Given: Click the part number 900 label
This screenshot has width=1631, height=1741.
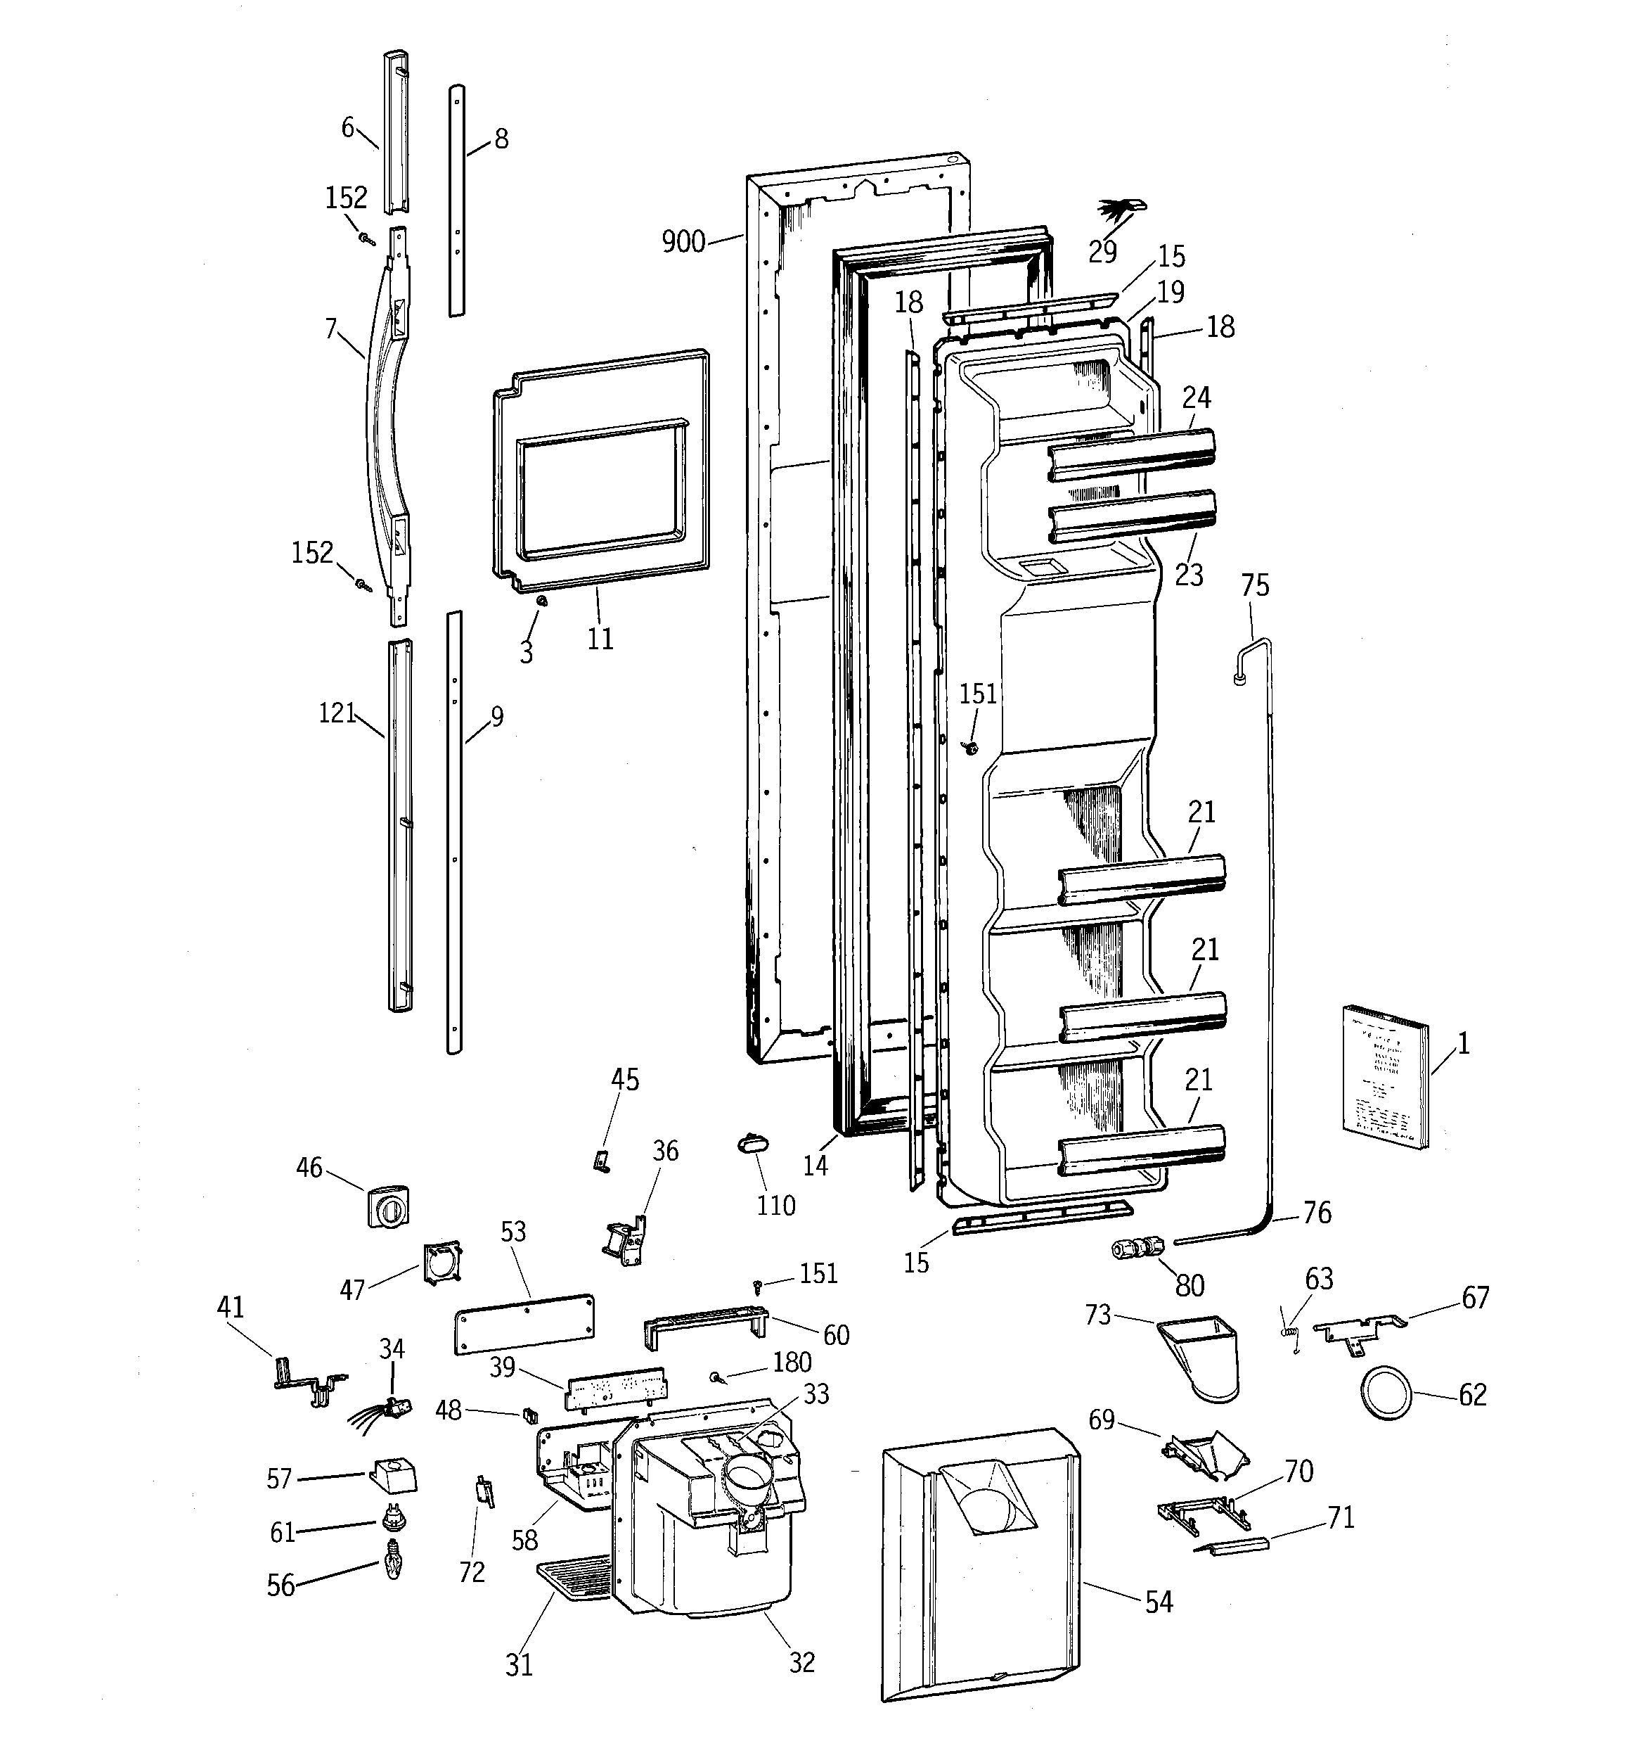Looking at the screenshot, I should [x=683, y=242].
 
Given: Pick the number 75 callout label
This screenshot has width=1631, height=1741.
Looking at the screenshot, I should [x=1255, y=586].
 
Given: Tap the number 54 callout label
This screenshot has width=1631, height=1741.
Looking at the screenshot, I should [x=1159, y=1602].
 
